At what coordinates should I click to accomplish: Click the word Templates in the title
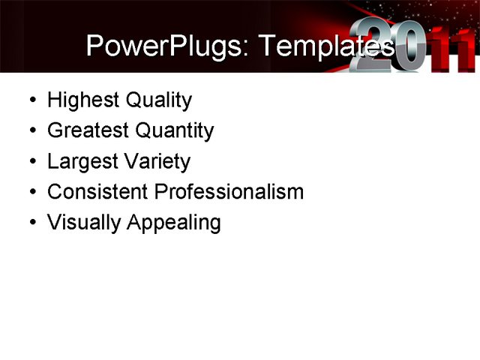[325, 46]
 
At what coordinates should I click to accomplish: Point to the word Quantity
[175, 130]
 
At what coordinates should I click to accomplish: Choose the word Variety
[157, 161]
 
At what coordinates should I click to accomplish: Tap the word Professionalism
[229, 191]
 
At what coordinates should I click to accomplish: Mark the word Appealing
[173, 222]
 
